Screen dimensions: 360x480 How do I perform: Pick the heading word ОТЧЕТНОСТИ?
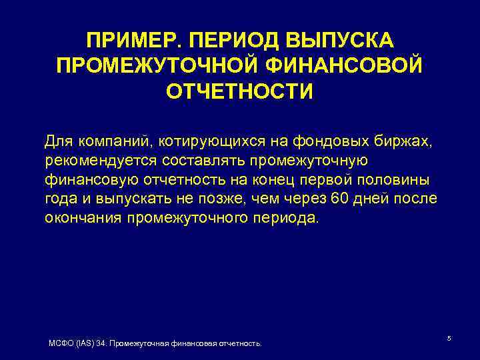click(x=239, y=91)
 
